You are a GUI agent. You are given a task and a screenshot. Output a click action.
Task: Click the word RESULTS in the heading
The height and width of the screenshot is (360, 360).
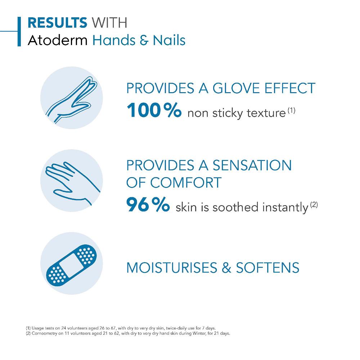57,22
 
